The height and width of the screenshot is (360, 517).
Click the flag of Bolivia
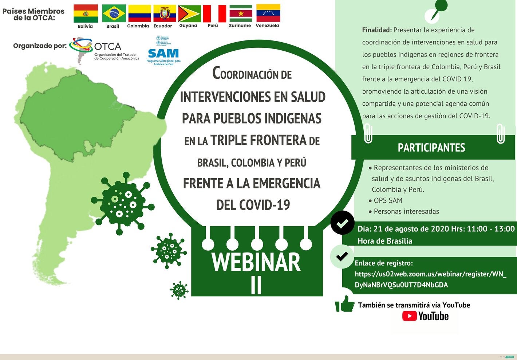(86, 13)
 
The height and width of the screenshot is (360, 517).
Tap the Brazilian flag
(114, 13)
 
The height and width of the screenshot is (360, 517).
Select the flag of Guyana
(189, 14)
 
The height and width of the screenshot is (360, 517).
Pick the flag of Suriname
(241, 13)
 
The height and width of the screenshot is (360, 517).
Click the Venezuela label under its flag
(267, 26)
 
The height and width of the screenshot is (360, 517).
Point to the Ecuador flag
(165, 13)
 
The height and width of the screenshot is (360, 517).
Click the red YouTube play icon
(410, 316)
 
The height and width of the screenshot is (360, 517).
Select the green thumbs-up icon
(344, 304)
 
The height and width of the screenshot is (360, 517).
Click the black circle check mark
(342, 223)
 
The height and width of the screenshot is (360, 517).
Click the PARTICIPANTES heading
(431, 148)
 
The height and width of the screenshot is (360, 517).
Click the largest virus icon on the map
(122, 203)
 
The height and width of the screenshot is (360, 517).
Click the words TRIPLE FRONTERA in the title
(258, 140)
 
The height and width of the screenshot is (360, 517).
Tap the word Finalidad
(376, 30)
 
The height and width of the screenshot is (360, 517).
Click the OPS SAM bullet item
(388, 200)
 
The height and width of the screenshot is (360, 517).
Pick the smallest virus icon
(179, 290)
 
